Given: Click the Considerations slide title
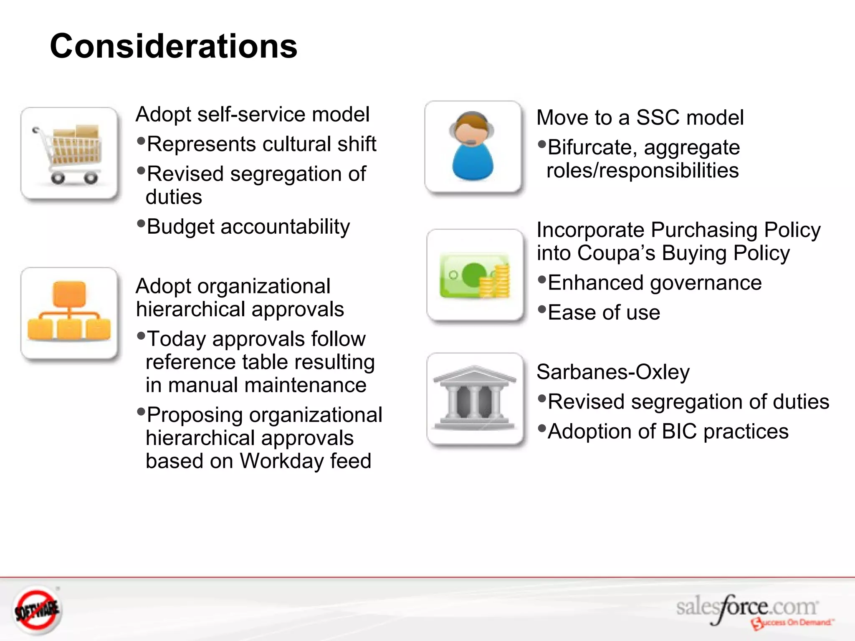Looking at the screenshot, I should [173, 46].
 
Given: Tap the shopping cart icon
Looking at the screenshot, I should [69, 154].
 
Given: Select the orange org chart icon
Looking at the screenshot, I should [69, 313].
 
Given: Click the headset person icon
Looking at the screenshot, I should [473, 147].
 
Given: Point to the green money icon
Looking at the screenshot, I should [475, 275].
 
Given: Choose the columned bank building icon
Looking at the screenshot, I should [475, 399].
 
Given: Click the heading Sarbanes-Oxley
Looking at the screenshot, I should [613, 372].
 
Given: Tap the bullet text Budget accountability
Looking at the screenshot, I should [248, 227].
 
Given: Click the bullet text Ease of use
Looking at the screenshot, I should [604, 313].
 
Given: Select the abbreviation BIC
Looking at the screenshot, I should [679, 432].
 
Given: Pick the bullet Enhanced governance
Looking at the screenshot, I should [654, 283].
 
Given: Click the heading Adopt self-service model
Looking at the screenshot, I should [253, 114].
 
